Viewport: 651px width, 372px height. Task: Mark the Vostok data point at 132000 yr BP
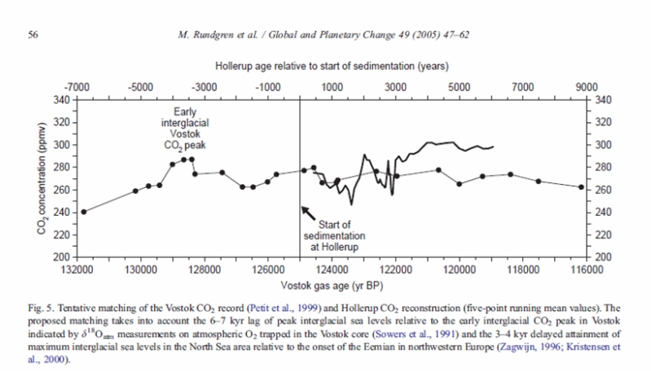83,212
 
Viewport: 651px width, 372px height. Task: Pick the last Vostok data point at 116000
581,186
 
